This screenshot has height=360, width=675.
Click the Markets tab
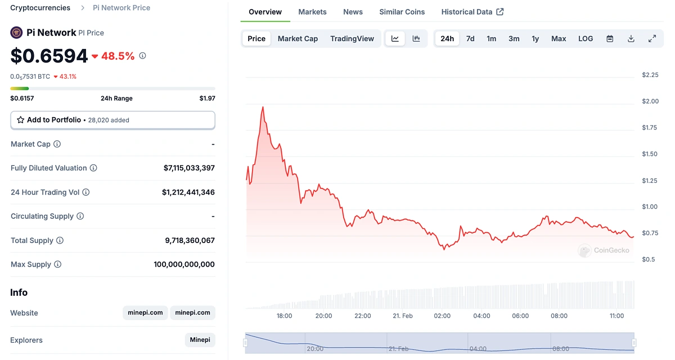pos(312,12)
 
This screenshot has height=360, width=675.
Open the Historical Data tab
pos(472,12)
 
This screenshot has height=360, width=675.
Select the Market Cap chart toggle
pos(298,39)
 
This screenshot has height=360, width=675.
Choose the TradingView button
pos(352,39)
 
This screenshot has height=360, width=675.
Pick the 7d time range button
pos(470,39)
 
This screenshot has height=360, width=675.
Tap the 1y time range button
pos(535,39)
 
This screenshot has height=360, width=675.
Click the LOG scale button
pos(586,39)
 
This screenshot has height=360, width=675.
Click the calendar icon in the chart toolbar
pos(610,39)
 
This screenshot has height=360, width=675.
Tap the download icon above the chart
pos(631,39)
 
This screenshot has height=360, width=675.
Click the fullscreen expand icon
pos(652,39)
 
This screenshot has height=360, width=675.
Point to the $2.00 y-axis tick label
pos(650,101)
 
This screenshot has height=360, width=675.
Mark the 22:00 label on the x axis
pos(363,316)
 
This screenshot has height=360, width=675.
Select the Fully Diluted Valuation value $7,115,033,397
pos(189,168)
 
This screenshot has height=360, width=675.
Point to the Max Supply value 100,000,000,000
pos(184,264)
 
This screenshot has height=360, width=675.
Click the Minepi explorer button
pos(200,340)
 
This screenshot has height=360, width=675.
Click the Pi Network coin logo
pos(17,33)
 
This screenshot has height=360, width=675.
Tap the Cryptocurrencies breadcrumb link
pos(40,8)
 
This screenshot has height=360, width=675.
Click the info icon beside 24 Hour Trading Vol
pos(86,192)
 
